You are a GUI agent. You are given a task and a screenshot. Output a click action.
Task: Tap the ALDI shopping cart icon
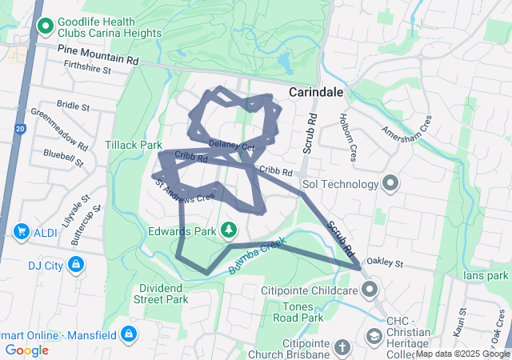pyautogui.click(x=21, y=231)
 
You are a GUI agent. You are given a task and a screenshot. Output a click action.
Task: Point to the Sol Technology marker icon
pyautogui.click(x=390, y=185)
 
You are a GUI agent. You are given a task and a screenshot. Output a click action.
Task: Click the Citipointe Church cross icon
pyautogui.click(x=342, y=348)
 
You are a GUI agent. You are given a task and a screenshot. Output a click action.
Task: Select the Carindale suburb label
pyautogui.click(x=317, y=92)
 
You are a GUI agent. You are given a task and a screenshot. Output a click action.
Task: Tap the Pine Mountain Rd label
pyautogui.click(x=98, y=55)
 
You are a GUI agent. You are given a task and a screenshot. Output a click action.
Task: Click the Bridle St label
pyautogui.click(x=74, y=106)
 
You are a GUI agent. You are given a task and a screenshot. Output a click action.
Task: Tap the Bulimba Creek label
pyautogui.click(x=257, y=255)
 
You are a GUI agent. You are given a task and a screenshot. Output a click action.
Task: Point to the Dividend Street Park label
pyautogui.click(x=162, y=294)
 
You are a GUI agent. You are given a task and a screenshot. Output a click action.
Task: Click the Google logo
pyautogui.click(x=27, y=350)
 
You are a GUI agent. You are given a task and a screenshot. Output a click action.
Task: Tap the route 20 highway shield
pyautogui.click(x=19, y=127)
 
